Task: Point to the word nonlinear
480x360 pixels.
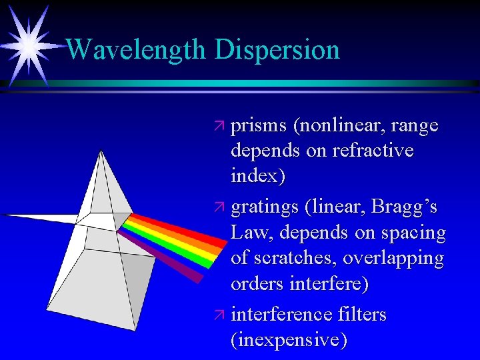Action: coord(340,127)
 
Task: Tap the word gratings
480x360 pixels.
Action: coord(264,208)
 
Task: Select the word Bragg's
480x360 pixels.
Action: coord(410,207)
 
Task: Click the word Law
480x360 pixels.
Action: coord(247,233)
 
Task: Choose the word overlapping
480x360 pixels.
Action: coord(394,259)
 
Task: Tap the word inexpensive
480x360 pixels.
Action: coord(289,340)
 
